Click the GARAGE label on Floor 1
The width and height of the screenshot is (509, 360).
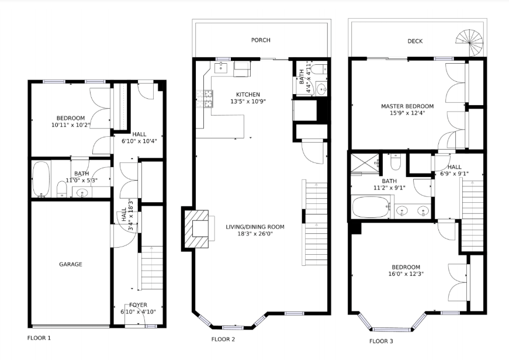[x=71, y=264]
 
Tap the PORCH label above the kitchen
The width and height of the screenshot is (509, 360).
[x=261, y=40]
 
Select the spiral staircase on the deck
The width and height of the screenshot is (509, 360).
[x=469, y=42]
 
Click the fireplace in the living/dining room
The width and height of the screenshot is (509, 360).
[x=197, y=229]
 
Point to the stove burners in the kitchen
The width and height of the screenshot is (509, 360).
[x=205, y=99]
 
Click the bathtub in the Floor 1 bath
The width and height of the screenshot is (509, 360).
[x=41, y=179]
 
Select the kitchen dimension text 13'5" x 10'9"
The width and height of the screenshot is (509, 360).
[x=248, y=101]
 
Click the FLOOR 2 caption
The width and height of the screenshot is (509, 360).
[x=223, y=339]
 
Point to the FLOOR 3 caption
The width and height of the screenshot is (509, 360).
[x=381, y=341]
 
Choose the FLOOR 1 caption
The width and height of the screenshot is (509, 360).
[x=39, y=338]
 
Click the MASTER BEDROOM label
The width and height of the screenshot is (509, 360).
[x=407, y=106]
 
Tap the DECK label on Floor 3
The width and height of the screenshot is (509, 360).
[x=415, y=41]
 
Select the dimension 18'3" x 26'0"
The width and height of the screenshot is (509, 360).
[x=255, y=234]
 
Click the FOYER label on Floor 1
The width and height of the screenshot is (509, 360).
[x=138, y=305]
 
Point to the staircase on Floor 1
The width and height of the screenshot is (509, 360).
[x=151, y=268]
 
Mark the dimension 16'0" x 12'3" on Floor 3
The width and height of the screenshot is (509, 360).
[x=406, y=274]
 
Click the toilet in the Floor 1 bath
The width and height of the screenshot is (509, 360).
[x=62, y=189]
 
